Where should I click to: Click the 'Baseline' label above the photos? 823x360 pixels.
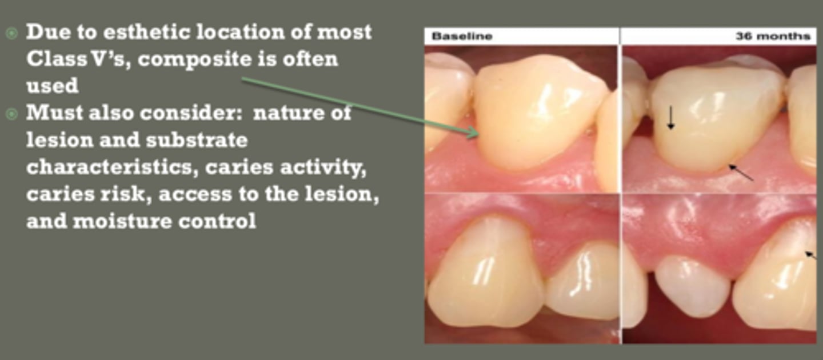pos(462,37)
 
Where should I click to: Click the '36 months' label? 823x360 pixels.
pos(772,37)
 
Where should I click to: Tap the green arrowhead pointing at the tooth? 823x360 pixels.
pos(473,133)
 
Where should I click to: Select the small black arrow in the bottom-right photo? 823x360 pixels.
pos(810,255)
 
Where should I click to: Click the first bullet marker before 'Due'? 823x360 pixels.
pos(12,33)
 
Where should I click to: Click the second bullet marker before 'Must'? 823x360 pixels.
pos(12,114)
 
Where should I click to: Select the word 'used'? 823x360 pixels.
pos(52,86)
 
